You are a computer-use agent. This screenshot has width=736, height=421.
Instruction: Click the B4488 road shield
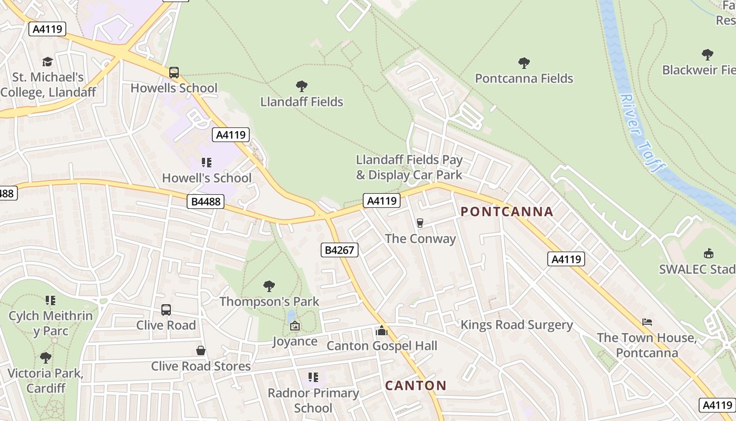coord(206,201)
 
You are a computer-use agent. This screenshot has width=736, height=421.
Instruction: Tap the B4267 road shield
coord(339,250)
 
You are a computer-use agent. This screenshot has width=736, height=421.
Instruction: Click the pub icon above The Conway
coord(420,223)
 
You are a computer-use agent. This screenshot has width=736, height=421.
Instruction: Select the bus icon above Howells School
coord(173,73)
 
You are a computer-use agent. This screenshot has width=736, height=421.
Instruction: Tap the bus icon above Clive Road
coord(166,310)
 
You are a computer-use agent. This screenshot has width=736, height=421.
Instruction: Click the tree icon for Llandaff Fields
coord(301,86)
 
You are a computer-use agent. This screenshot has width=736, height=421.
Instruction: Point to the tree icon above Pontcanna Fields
coord(524,63)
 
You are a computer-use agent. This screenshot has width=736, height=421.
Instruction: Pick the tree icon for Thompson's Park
coord(269,286)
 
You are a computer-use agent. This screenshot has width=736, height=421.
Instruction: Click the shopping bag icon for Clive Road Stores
coord(200,350)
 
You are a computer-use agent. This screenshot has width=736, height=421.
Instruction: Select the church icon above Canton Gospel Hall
coord(382,330)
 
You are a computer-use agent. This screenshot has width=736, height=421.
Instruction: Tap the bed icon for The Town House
coord(647,322)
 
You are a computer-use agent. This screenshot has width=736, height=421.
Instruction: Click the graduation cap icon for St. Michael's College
coord(47,62)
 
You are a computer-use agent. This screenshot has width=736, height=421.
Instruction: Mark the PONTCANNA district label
coord(507,212)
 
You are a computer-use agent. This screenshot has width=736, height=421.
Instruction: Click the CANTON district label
coord(415,385)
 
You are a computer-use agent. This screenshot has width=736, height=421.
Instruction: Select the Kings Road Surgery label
coord(516,325)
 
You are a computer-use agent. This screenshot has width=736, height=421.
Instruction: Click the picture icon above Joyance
coord(294,326)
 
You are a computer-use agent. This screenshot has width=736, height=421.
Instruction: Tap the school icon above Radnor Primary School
coord(313,377)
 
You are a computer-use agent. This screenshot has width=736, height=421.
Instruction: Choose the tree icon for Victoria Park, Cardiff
coord(45,358)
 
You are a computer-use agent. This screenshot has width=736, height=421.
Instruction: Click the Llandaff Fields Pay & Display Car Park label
coord(409,167)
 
